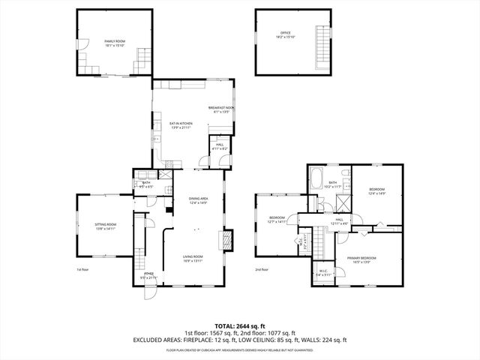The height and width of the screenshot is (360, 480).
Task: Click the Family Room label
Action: (114, 43)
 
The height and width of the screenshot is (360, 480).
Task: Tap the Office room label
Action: (285, 34)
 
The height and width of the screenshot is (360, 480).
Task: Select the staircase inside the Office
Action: (324, 46)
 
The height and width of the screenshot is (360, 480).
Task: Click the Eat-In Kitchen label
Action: (181, 125)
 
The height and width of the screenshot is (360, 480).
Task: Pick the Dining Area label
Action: (198, 199)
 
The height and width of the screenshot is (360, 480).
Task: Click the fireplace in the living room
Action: (226, 239)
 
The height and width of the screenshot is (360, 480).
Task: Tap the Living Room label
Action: (193, 259)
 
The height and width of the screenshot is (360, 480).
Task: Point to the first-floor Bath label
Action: (146, 184)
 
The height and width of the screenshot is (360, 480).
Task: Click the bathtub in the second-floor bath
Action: (316, 181)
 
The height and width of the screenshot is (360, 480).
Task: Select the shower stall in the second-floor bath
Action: (342, 202)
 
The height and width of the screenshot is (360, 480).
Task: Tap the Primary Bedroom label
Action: (361, 259)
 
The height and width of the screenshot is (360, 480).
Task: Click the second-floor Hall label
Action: (339, 221)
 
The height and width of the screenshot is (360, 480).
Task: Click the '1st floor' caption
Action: (82, 269)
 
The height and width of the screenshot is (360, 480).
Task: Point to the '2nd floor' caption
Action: (261, 269)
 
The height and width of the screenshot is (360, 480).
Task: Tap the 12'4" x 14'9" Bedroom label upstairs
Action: (376, 191)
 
